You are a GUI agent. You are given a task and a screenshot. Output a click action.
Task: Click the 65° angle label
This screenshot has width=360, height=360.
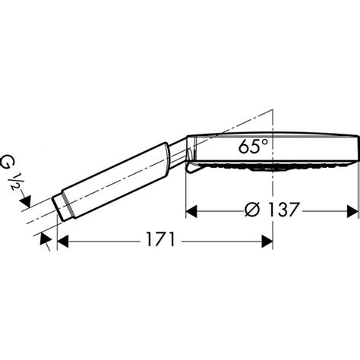pyautogui.click(x=253, y=147)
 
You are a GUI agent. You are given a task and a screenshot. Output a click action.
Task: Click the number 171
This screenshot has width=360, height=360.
pyautogui.click(x=160, y=239)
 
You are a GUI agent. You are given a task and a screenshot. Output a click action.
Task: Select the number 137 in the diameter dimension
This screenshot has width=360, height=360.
pyautogui.click(x=283, y=210)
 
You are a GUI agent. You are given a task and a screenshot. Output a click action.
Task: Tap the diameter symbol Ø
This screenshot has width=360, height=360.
pyautogui.click(x=252, y=210)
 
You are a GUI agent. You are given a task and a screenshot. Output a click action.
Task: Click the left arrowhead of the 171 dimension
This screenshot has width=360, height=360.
pyautogui.click(x=63, y=242)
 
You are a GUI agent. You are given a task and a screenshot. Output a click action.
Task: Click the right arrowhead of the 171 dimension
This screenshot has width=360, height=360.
pyautogui.click(x=267, y=242)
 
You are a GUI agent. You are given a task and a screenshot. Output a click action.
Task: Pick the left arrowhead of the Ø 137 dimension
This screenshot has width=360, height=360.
pyautogui.click(x=191, y=211)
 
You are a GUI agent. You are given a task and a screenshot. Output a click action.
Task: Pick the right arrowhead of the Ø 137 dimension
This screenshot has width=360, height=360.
pyautogui.click(x=352, y=211)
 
